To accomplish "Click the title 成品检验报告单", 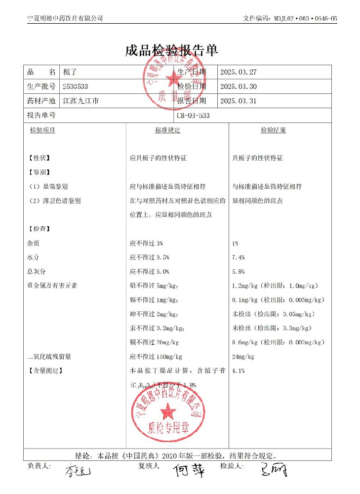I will [171, 50].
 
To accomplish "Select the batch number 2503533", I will [76, 86].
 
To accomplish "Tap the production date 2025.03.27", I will [239, 72].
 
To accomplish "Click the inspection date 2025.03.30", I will [239, 86].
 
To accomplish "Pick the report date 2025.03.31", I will [239, 101].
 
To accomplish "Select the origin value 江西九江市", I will [81, 101].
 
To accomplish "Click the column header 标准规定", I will [168, 130].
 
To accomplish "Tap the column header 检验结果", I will [273, 130].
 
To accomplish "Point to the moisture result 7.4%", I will [238, 257].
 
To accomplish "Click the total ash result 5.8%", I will [238, 272].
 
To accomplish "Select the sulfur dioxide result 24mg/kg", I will [243, 357].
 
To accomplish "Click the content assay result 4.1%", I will [238, 370].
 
